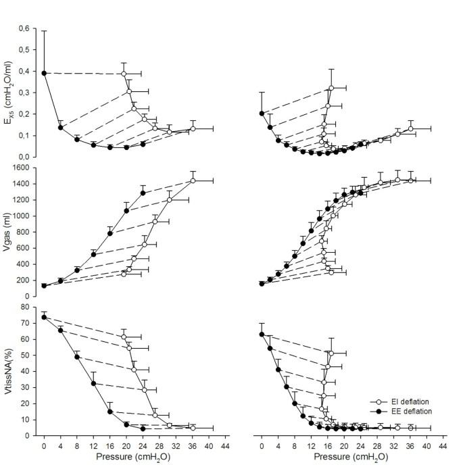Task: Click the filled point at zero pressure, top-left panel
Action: click(x=44, y=73)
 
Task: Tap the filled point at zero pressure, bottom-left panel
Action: click(x=44, y=317)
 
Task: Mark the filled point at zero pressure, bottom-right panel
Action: click(x=262, y=334)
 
